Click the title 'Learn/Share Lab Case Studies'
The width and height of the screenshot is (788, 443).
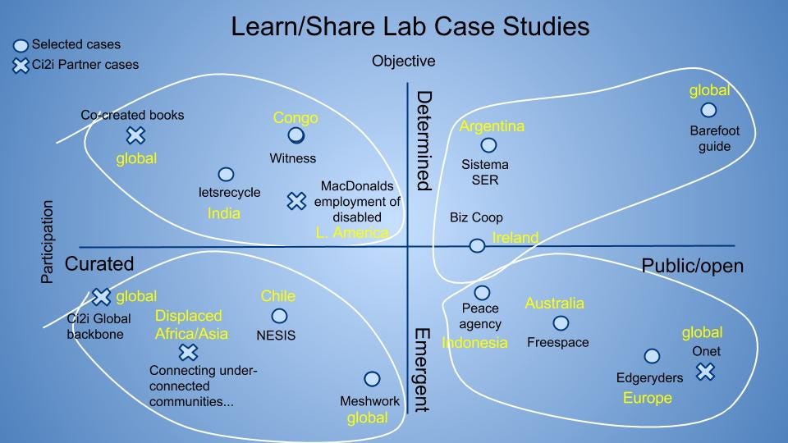click(x=410, y=26)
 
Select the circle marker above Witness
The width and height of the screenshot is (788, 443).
click(x=296, y=135)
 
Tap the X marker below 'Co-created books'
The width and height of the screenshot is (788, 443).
click(x=135, y=135)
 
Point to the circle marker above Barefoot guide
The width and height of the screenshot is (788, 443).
click(x=708, y=109)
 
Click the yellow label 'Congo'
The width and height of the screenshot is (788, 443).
click(x=295, y=117)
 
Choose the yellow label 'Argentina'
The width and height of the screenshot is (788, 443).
click(x=492, y=126)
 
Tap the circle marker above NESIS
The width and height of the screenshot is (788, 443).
click(x=279, y=316)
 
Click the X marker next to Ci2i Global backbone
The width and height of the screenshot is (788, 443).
click(x=101, y=297)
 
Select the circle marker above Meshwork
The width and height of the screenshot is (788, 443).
click(x=372, y=379)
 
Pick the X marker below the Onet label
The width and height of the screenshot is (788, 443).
click(x=706, y=372)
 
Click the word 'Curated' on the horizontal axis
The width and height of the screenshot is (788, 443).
click(x=99, y=263)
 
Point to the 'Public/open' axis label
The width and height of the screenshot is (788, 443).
click(x=693, y=266)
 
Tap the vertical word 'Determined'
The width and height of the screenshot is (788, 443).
click(x=424, y=140)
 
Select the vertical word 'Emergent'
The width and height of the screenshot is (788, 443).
click(x=422, y=370)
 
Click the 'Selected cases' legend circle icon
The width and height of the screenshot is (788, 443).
click(x=21, y=46)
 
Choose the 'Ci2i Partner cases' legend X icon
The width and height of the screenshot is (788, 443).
click(x=21, y=66)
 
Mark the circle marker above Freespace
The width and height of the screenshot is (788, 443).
click(x=561, y=323)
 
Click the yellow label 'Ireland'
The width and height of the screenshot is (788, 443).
click(x=515, y=238)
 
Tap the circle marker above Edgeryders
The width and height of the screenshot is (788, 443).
click(x=652, y=356)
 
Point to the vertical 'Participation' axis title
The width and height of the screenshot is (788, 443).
click(x=47, y=242)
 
